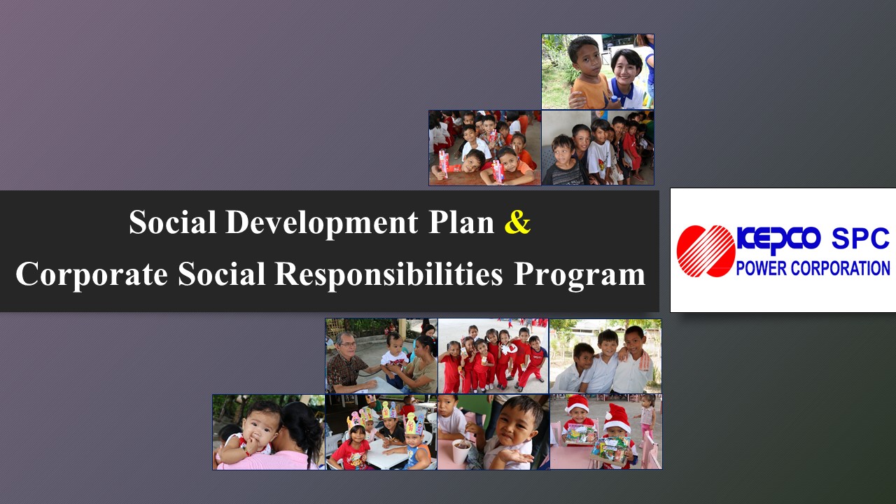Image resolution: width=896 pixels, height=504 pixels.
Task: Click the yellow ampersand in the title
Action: tap(517, 223)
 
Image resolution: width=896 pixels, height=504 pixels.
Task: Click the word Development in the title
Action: tap(322, 223)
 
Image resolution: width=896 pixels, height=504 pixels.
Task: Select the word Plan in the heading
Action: tap(461, 222)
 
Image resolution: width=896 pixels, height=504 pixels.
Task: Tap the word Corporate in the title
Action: tap(92, 275)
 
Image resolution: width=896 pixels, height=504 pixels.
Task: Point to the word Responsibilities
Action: tap(388, 275)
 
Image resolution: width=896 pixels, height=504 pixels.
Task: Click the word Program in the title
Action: tap(580, 276)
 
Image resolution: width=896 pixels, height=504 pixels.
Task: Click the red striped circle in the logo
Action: tap(706, 251)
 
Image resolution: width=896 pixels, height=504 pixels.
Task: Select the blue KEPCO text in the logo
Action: tap(778, 239)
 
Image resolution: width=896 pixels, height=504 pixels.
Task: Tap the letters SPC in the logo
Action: tap(860, 239)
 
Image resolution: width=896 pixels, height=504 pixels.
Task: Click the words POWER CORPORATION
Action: tap(813, 268)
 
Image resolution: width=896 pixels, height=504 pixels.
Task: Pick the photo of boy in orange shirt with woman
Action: tap(598, 71)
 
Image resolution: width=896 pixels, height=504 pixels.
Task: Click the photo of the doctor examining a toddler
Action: tap(381, 356)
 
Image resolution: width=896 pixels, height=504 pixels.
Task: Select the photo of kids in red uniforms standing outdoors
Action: tap(493, 356)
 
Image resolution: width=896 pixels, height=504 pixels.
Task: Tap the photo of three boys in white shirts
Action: tap(605, 356)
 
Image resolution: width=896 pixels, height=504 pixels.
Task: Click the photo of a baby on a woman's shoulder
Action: tap(269, 433)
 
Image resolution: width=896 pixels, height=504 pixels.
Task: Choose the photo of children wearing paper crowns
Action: tap(381, 433)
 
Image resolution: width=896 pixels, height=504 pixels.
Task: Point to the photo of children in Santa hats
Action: tap(606, 432)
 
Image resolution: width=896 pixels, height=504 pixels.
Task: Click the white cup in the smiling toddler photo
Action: tap(461, 451)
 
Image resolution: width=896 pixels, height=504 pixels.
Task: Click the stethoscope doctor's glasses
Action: tap(347, 344)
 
